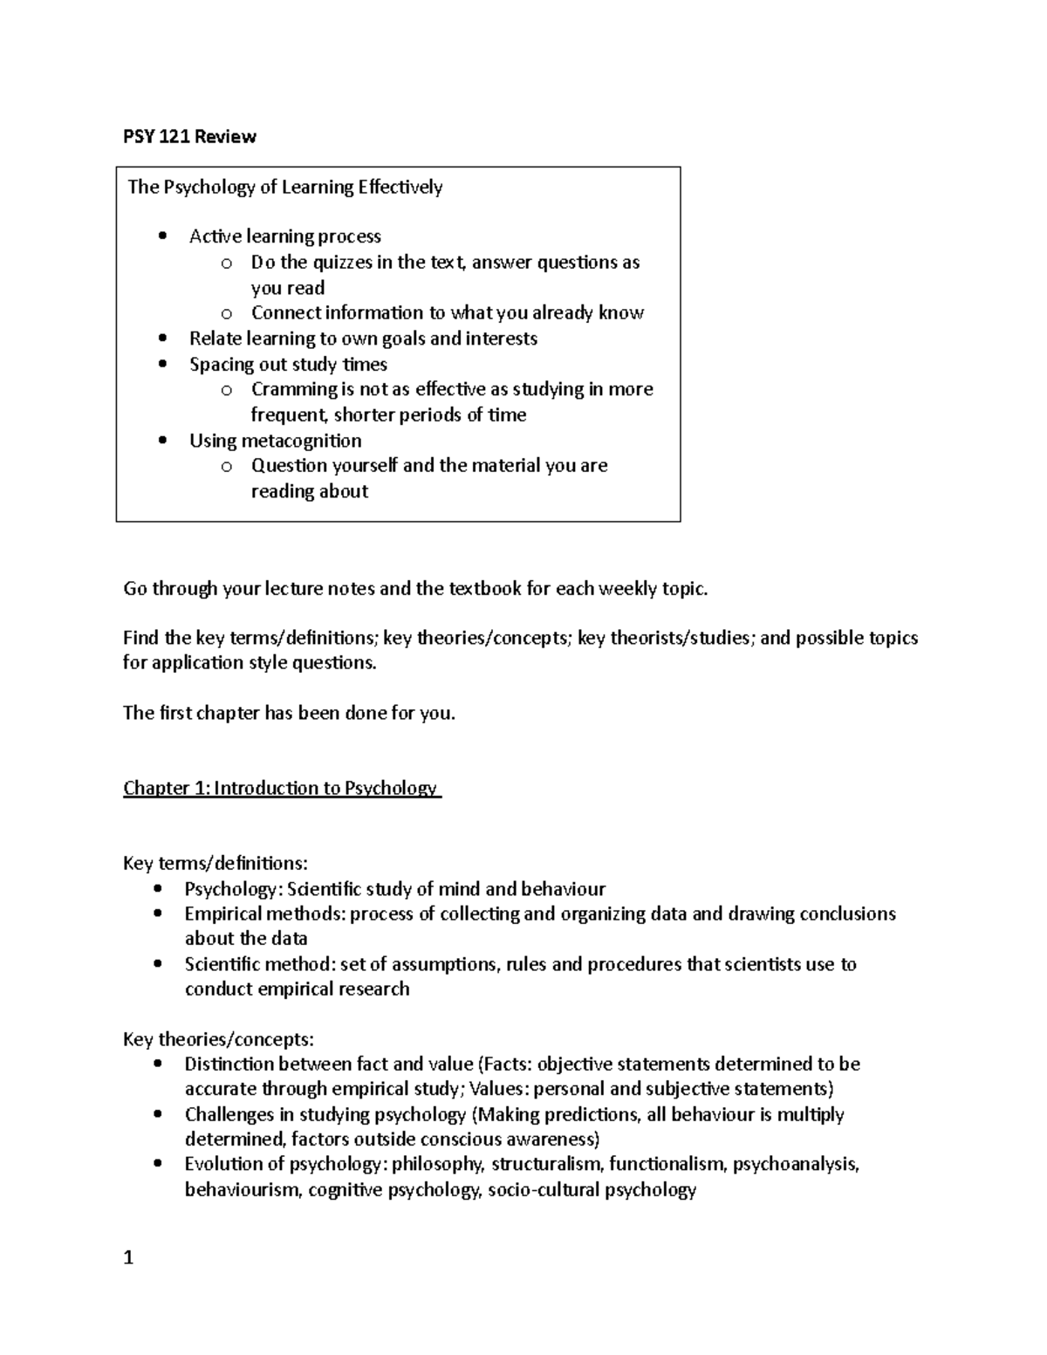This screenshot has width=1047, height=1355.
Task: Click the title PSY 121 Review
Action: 189,136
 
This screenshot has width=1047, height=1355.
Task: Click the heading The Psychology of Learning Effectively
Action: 285,188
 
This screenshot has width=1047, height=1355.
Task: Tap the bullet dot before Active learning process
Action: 162,236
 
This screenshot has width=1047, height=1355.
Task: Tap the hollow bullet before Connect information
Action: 227,313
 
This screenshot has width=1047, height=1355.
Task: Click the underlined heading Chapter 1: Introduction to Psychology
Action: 281,789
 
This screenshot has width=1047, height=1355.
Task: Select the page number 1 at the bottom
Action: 128,1257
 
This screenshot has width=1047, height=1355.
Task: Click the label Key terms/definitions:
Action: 215,864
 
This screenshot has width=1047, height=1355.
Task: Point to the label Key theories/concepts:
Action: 218,1039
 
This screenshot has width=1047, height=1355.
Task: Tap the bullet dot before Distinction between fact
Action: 157,1064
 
